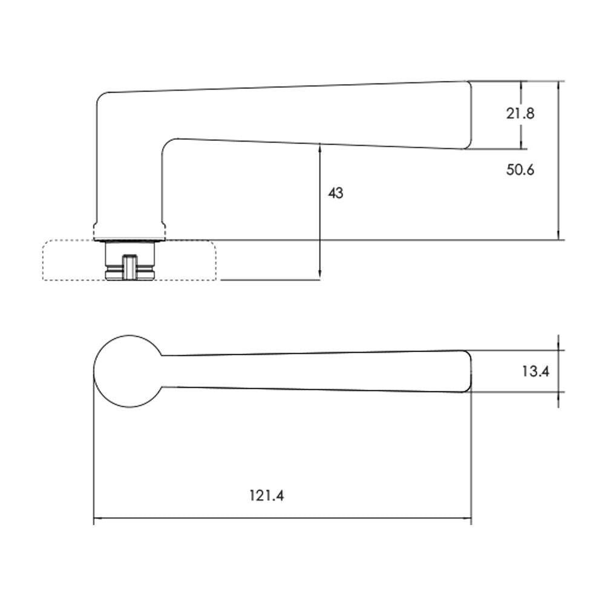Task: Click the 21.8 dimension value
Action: [x=520, y=114]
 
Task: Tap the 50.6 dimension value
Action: [x=520, y=170]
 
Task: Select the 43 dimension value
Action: [x=336, y=193]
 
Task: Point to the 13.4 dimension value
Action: [x=535, y=371]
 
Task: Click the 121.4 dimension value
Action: [x=267, y=495]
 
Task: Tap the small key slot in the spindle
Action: [x=130, y=267]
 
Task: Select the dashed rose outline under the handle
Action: [x=43, y=260]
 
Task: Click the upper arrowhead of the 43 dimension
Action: [x=320, y=147]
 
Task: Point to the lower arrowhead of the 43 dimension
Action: [x=320, y=275]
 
